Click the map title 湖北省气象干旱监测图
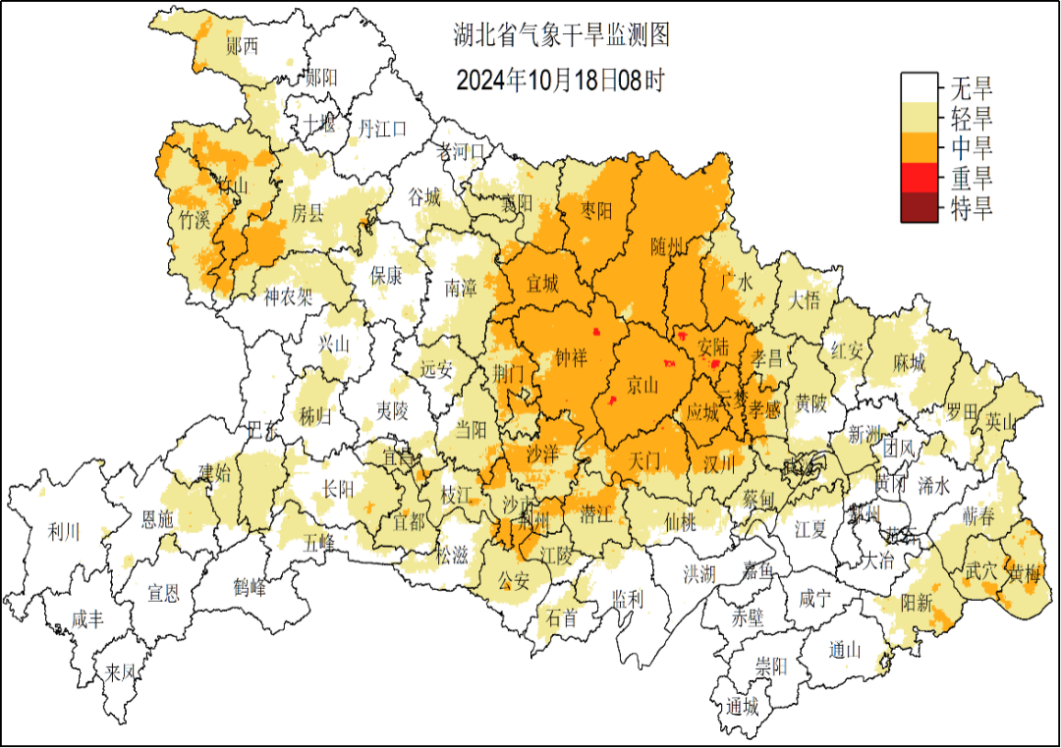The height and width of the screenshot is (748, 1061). click(x=561, y=37)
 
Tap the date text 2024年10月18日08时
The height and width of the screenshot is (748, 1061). click(x=560, y=80)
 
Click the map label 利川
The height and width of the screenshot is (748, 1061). click(x=64, y=533)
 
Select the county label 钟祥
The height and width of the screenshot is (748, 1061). click(x=571, y=358)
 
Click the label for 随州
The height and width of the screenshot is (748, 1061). click(x=666, y=246)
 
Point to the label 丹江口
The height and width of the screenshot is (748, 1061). click(x=382, y=128)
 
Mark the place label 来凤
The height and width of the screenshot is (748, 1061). click(x=120, y=673)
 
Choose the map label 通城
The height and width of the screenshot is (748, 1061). click(x=744, y=707)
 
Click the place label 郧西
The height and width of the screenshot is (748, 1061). click(x=242, y=45)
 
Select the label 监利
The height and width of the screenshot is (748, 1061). click(x=627, y=597)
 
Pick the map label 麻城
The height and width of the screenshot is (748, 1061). click(x=909, y=363)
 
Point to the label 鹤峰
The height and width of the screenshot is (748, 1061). click(x=250, y=588)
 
